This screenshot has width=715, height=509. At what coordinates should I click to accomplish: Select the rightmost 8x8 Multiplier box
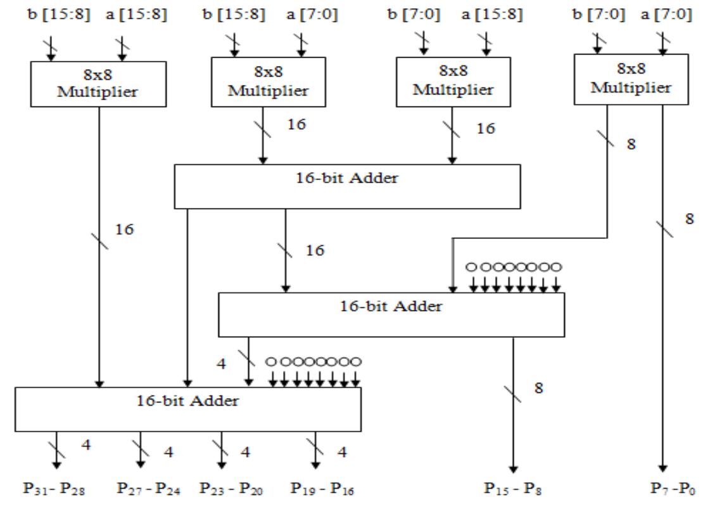coord(630,79)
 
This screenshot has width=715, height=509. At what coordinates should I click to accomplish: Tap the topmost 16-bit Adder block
coord(346,186)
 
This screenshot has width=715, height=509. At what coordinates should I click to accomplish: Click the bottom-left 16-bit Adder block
coord(188,409)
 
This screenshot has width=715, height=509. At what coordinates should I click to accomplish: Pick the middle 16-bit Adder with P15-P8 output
coord(391,314)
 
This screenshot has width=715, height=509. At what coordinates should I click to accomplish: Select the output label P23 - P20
coord(226,489)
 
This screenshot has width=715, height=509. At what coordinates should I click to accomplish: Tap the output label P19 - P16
coord(319,489)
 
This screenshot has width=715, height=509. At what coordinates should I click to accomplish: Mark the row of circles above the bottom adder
coord(314,361)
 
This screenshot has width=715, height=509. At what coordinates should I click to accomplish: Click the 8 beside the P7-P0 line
coord(689,219)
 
